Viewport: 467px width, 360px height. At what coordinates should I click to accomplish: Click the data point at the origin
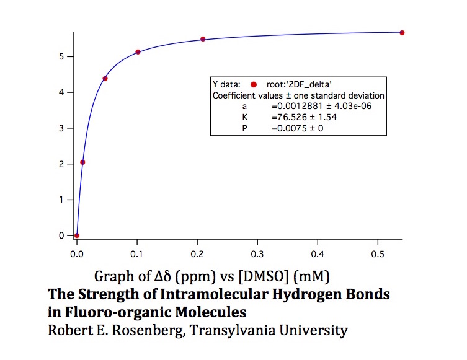(77, 235)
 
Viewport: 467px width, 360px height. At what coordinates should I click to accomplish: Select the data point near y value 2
(82, 162)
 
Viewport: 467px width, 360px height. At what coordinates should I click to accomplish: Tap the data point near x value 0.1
(138, 52)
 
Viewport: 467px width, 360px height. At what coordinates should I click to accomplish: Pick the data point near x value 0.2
(203, 39)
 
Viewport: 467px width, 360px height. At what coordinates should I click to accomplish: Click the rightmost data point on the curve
(402, 32)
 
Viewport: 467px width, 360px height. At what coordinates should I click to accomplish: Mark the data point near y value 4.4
(105, 78)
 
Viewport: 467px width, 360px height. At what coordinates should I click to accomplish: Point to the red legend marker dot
(254, 84)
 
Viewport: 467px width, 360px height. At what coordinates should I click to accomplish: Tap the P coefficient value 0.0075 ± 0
(297, 128)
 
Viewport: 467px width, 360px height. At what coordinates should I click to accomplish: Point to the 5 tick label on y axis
(61, 56)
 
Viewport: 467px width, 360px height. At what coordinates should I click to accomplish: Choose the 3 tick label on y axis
(61, 128)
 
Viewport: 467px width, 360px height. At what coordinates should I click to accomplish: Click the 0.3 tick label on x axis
(197, 253)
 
